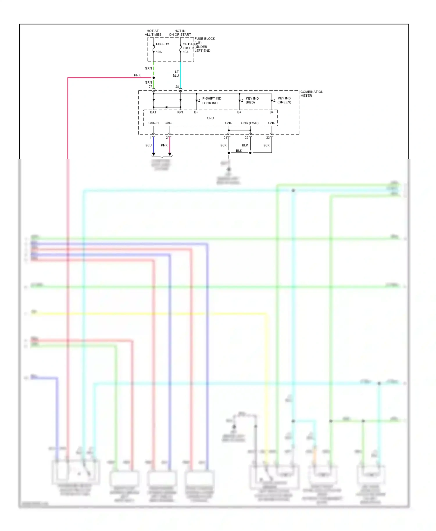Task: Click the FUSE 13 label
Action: [x=162, y=44]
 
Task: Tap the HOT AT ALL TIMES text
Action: [x=153, y=33]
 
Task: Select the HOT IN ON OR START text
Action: [x=180, y=33]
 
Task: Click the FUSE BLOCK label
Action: [x=205, y=39]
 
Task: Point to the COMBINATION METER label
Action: [x=312, y=94]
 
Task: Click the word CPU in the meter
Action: [x=210, y=118]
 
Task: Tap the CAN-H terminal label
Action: [x=153, y=123]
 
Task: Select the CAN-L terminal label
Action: [x=169, y=123]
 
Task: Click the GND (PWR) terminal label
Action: [x=249, y=123]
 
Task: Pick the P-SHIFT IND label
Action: [x=212, y=98]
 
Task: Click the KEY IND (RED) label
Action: [x=252, y=100]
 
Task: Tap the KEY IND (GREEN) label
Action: [x=284, y=100]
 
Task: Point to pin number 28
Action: [x=177, y=87]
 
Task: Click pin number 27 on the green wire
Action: [x=150, y=87]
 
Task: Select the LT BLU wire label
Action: [x=176, y=73]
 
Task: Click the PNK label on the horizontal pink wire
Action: [x=137, y=75]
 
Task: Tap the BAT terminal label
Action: [x=153, y=112]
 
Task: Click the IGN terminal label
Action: [x=180, y=112]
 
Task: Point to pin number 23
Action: [x=268, y=138]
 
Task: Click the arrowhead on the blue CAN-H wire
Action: [x=153, y=154]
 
